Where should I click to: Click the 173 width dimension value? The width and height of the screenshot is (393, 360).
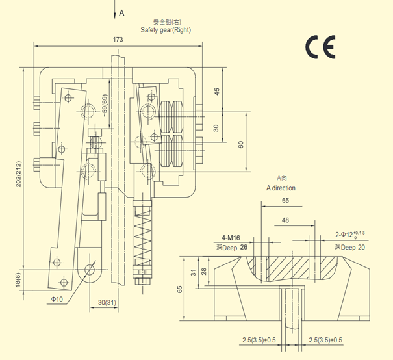click(x=118, y=40)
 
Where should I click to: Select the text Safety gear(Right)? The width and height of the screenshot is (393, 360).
click(x=166, y=30)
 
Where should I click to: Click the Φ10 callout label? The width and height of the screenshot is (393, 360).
click(x=58, y=300)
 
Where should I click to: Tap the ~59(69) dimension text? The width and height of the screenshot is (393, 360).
click(x=105, y=108)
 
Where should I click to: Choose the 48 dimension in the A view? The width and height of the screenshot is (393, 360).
click(x=285, y=220)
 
